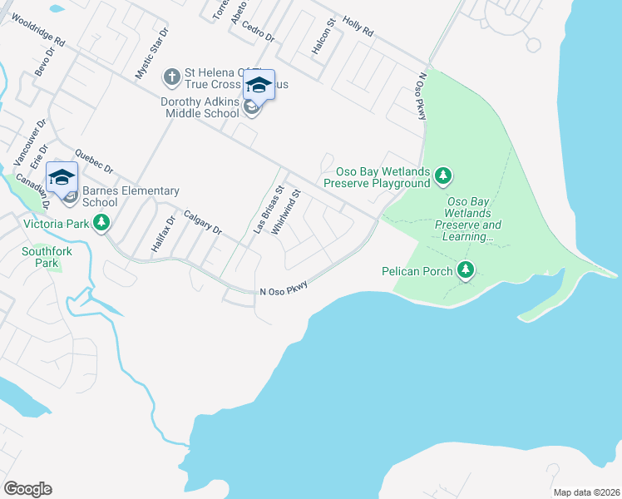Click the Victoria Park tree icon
click(101, 223)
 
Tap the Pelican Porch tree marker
click(466, 269)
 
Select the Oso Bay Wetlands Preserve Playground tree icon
click(444, 175)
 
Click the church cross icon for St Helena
click(171, 77)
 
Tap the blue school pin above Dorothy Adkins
click(259, 86)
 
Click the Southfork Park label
click(41, 256)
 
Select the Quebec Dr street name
click(92, 160)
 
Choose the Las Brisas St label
click(268, 208)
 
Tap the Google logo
click(27, 488)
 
